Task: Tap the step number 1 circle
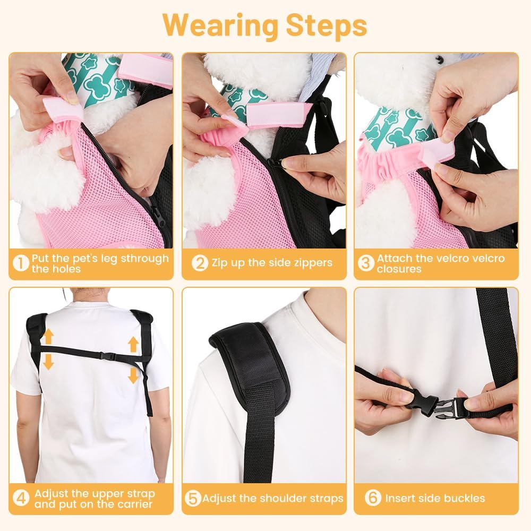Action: tap(21, 263)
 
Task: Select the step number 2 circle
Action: tap(200, 262)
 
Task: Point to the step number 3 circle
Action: tap(366, 263)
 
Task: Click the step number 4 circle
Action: tap(21, 498)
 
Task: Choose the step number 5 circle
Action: tap(193, 499)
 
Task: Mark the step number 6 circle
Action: tap(373, 498)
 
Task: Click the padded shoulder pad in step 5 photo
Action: tap(250, 366)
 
